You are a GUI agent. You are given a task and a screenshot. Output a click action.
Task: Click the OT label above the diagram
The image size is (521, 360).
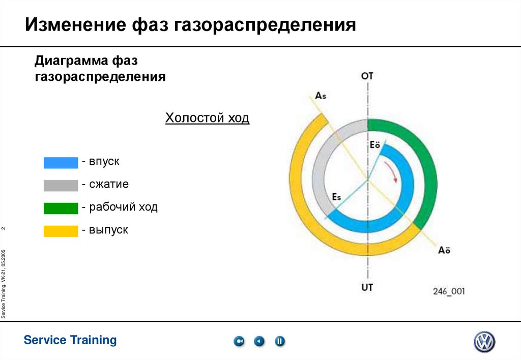[x=367, y=76]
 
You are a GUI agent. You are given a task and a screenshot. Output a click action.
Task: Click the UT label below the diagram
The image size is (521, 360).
[x=367, y=287]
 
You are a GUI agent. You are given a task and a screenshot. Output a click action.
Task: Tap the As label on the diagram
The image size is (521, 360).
[x=322, y=96]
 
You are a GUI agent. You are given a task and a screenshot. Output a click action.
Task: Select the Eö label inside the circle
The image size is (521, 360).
[x=375, y=145]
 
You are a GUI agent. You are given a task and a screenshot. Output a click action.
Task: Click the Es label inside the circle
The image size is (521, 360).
[x=336, y=197]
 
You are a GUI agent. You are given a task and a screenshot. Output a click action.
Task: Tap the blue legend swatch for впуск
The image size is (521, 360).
[x=61, y=162]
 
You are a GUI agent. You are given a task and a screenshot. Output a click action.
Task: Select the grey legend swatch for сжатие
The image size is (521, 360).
[x=61, y=185]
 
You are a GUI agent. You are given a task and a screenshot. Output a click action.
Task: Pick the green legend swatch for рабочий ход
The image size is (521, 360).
[x=61, y=208]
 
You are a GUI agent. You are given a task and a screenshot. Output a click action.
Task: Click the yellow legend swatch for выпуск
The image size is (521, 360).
[x=61, y=231]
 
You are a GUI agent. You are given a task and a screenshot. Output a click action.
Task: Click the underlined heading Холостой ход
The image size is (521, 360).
[x=207, y=118]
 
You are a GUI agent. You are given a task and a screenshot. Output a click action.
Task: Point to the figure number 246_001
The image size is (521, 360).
[x=449, y=291]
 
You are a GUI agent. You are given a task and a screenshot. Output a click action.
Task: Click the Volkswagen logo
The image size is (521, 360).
[x=484, y=342]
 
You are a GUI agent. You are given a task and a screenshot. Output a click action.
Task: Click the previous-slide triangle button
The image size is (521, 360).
[x=259, y=341]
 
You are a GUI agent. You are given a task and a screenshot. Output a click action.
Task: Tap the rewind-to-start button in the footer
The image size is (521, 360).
[x=239, y=341]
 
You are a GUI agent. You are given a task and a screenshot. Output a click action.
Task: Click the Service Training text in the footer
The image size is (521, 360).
[x=70, y=340]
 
